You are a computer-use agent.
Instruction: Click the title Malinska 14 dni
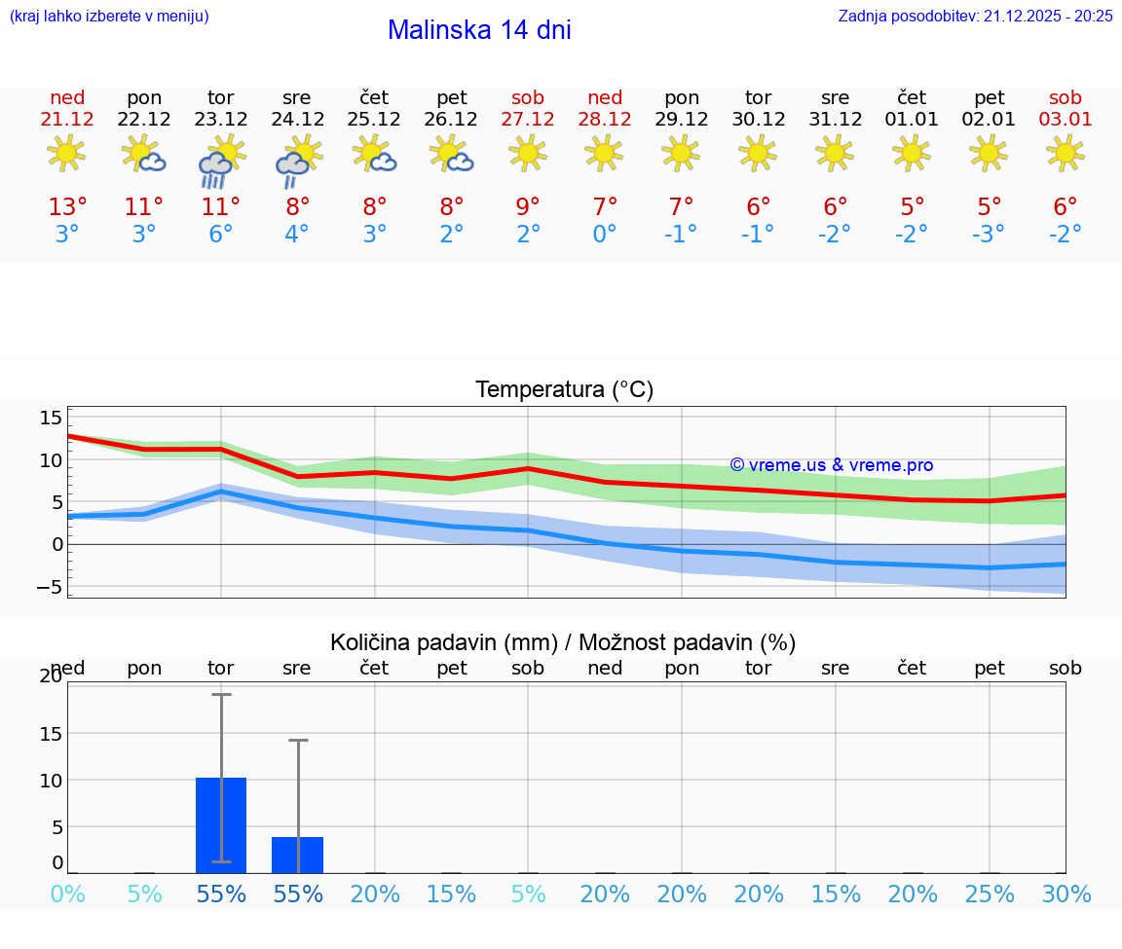click(479, 30)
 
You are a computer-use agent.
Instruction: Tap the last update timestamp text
click(975, 16)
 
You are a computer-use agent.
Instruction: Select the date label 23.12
click(221, 120)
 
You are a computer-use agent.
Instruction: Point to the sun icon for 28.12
click(605, 153)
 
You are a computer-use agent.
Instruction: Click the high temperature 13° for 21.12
click(67, 207)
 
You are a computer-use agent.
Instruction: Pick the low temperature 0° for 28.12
click(605, 235)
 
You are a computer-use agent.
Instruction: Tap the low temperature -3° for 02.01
click(989, 235)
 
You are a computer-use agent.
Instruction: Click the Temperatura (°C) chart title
click(564, 390)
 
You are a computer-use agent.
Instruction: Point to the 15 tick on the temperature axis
click(51, 418)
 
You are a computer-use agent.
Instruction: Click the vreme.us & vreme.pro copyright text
click(832, 465)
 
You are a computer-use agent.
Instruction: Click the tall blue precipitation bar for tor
click(221, 825)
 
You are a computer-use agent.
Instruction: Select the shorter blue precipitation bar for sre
click(297, 855)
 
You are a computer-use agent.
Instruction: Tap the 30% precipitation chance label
click(1066, 894)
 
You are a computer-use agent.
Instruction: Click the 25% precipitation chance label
click(989, 894)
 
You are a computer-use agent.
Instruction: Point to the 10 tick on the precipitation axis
click(51, 781)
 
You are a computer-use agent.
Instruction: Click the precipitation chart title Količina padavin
click(563, 642)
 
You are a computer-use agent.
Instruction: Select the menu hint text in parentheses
click(109, 16)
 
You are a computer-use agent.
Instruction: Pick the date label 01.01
click(912, 120)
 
